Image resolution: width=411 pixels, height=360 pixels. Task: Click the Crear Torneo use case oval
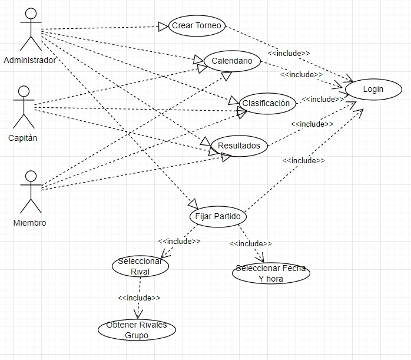(x=197, y=26)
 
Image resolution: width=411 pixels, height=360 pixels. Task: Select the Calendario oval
(x=232, y=61)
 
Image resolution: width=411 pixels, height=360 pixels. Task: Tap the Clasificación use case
(x=267, y=103)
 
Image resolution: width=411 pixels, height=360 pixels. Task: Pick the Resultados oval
(x=239, y=146)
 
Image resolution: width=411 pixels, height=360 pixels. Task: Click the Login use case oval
(x=373, y=90)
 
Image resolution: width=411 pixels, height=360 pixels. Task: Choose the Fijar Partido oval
(x=218, y=217)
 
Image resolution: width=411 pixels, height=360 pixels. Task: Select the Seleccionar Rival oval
(x=140, y=266)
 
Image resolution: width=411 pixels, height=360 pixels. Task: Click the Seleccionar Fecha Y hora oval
(x=271, y=273)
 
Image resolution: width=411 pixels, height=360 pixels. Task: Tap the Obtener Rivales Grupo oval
(x=137, y=330)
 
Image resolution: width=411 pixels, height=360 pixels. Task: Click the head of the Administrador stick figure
(x=31, y=14)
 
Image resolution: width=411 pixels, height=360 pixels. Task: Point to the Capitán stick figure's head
(x=24, y=91)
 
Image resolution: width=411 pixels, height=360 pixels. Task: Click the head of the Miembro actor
(x=31, y=176)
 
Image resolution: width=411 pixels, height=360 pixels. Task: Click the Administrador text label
(x=30, y=60)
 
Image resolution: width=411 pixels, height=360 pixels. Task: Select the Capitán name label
(x=23, y=138)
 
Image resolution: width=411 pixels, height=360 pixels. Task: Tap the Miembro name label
(x=29, y=223)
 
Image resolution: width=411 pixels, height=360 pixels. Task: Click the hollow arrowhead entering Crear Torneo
(x=163, y=27)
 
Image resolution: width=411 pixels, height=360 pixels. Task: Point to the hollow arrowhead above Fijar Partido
(x=193, y=204)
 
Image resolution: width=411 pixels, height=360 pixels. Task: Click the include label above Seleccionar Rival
(x=179, y=241)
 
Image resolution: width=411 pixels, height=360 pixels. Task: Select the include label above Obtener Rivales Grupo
(x=139, y=298)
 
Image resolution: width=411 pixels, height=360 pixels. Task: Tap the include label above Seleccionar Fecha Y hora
(x=251, y=243)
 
